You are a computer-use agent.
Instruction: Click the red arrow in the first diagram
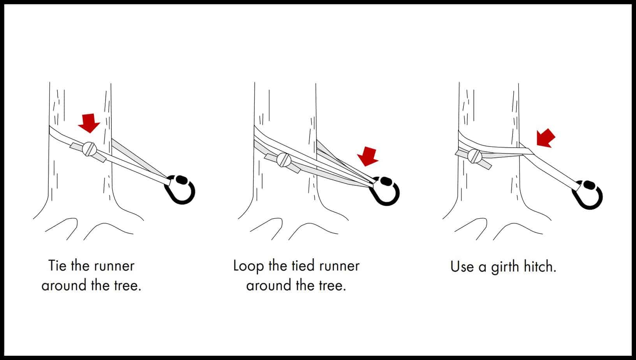(x=89, y=123)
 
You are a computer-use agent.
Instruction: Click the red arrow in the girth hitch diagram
(x=546, y=138)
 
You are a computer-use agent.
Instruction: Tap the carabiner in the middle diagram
(x=387, y=191)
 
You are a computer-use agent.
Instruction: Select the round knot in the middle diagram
(x=284, y=159)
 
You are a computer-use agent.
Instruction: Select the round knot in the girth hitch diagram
(x=475, y=156)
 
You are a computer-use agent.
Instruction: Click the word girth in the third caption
(x=505, y=268)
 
